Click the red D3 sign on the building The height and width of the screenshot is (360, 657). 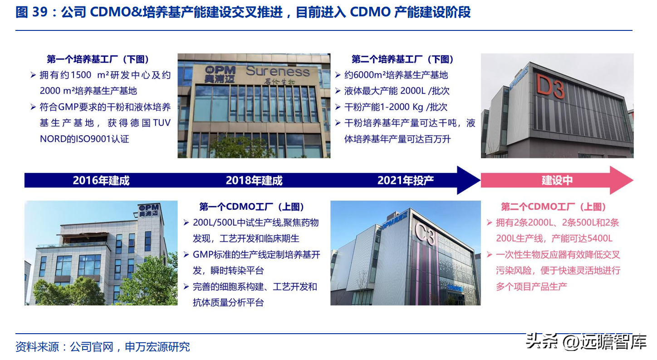pyautogui.click(x=550, y=86)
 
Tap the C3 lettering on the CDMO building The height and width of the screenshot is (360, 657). pyautogui.click(x=425, y=233)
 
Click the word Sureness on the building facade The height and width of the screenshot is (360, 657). pyautogui.click(x=278, y=71)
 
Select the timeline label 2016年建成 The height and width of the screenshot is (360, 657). pyautogui.click(x=101, y=180)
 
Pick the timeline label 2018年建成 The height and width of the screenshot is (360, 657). pyautogui.click(x=254, y=180)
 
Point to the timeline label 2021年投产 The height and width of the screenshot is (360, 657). pyautogui.click(x=405, y=180)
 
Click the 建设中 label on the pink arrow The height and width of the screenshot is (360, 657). pyautogui.click(x=557, y=180)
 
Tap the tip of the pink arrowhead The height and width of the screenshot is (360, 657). pyautogui.click(x=633, y=180)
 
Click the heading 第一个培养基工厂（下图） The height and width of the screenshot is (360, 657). pyautogui.click(x=98, y=59)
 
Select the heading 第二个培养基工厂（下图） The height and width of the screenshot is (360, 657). pyautogui.click(x=403, y=59)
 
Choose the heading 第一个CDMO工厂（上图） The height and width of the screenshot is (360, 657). pyautogui.click(x=252, y=207)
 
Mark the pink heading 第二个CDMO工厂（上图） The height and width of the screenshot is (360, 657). pyautogui.click(x=554, y=207)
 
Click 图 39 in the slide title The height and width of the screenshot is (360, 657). pyautogui.click(x=31, y=12)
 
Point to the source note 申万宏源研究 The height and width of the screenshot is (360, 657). pyautogui.click(x=157, y=347)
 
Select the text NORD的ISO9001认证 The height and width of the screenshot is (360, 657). pyautogui.click(x=84, y=139)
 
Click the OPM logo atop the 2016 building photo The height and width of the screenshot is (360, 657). pyautogui.click(x=149, y=210)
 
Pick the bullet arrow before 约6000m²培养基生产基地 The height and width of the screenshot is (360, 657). pyautogui.click(x=338, y=75)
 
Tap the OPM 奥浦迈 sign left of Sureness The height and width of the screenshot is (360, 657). pyautogui.click(x=220, y=74)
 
